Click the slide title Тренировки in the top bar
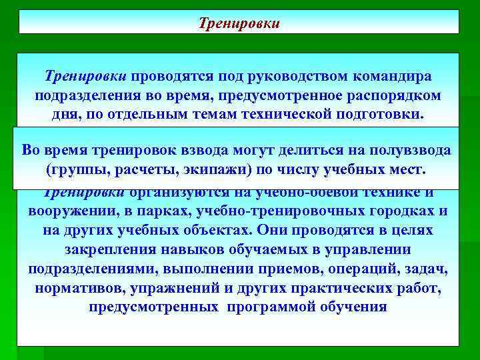239,23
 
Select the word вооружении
66,212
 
